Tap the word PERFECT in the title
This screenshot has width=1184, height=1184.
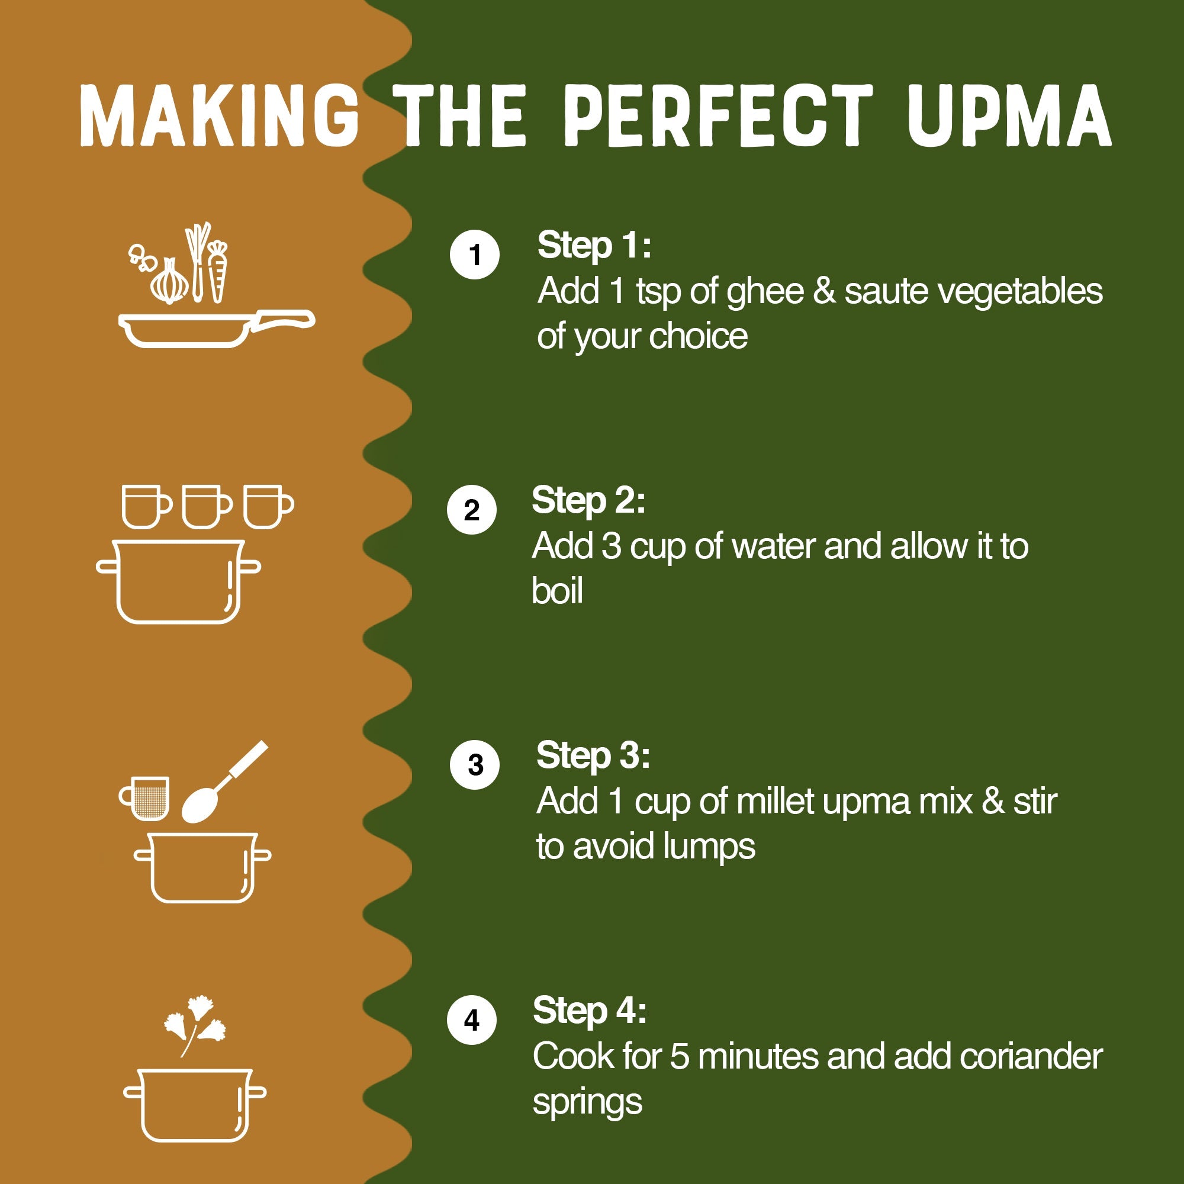(x=718, y=116)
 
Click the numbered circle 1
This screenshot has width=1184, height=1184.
(x=474, y=255)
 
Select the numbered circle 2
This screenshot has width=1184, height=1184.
(x=471, y=510)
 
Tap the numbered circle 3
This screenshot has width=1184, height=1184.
(x=474, y=764)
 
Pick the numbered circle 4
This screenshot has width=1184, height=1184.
(x=471, y=1020)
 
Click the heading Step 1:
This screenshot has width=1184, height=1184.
(x=593, y=245)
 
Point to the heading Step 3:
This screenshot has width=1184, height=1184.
(x=592, y=755)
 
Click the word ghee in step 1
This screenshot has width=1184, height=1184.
(x=764, y=292)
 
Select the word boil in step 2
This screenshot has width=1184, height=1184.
(x=556, y=591)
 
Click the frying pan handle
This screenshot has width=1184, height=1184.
(x=283, y=320)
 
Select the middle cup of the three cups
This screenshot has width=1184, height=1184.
(x=207, y=506)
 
